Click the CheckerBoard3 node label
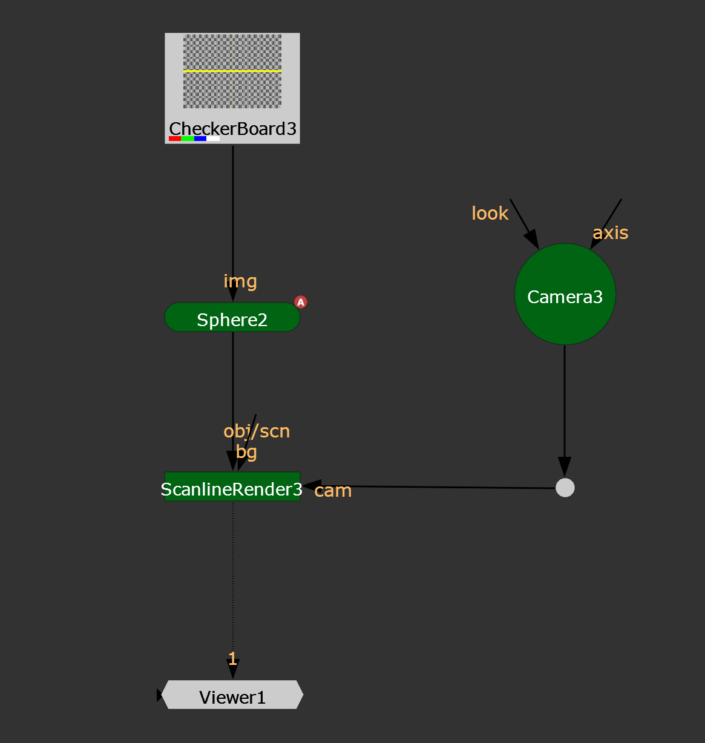point(232,129)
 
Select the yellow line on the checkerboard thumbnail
point(232,71)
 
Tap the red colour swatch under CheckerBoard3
point(175,139)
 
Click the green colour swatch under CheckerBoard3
point(188,139)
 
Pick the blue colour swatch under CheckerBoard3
point(200,139)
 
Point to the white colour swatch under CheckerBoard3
point(213,139)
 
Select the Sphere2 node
point(232,317)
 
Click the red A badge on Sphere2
point(301,302)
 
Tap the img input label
point(240,282)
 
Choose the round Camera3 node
point(565,294)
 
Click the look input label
point(490,213)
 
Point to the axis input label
point(611,233)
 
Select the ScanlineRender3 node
point(232,487)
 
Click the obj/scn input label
point(257,431)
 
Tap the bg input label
point(246,452)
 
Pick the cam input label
point(333,491)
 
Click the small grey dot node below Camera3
point(565,488)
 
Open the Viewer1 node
point(232,695)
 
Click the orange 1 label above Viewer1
point(232,659)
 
